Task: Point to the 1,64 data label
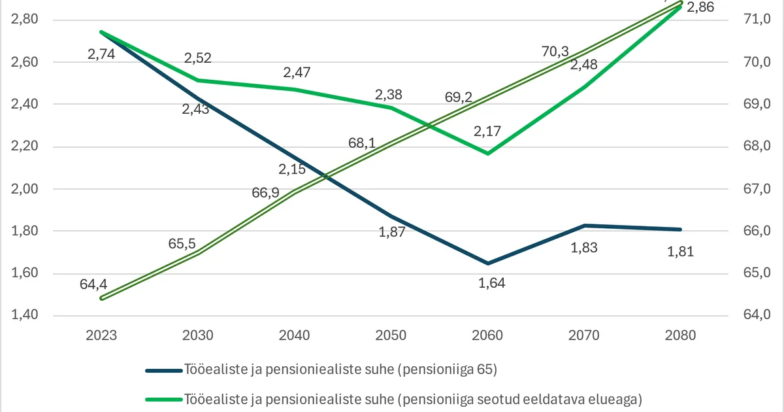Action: (x=492, y=283)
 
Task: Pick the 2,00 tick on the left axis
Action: (x=25, y=189)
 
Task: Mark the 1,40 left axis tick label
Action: (x=25, y=315)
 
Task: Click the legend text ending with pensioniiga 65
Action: (x=341, y=370)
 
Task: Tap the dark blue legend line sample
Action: (x=163, y=371)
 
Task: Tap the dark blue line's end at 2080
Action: (x=680, y=230)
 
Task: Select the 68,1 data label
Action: (x=362, y=143)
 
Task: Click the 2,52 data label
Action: (x=197, y=58)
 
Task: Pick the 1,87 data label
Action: (x=393, y=232)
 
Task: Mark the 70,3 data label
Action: (x=555, y=51)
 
